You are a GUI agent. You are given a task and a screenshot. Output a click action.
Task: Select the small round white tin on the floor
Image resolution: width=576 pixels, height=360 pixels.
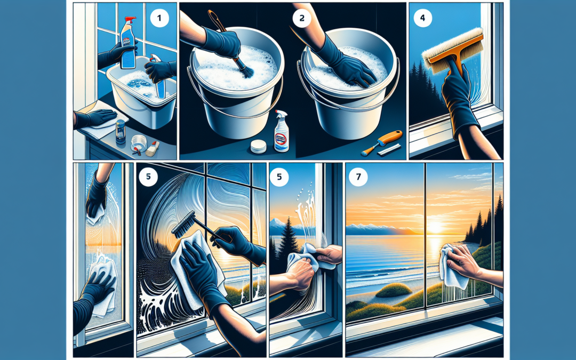point(259,146)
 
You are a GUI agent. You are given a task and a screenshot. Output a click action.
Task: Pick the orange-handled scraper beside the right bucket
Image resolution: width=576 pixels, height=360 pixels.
point(375,145)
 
